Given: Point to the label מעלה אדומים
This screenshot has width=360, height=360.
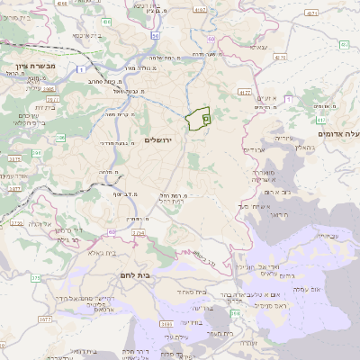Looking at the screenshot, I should [338, 134].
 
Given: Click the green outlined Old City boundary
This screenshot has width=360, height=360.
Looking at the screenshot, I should [198, 118].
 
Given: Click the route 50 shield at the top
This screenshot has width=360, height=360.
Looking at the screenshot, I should [155, 35].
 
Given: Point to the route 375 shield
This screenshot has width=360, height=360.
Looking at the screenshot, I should [36, 278].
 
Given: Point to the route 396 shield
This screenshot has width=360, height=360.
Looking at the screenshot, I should [60, 138].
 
